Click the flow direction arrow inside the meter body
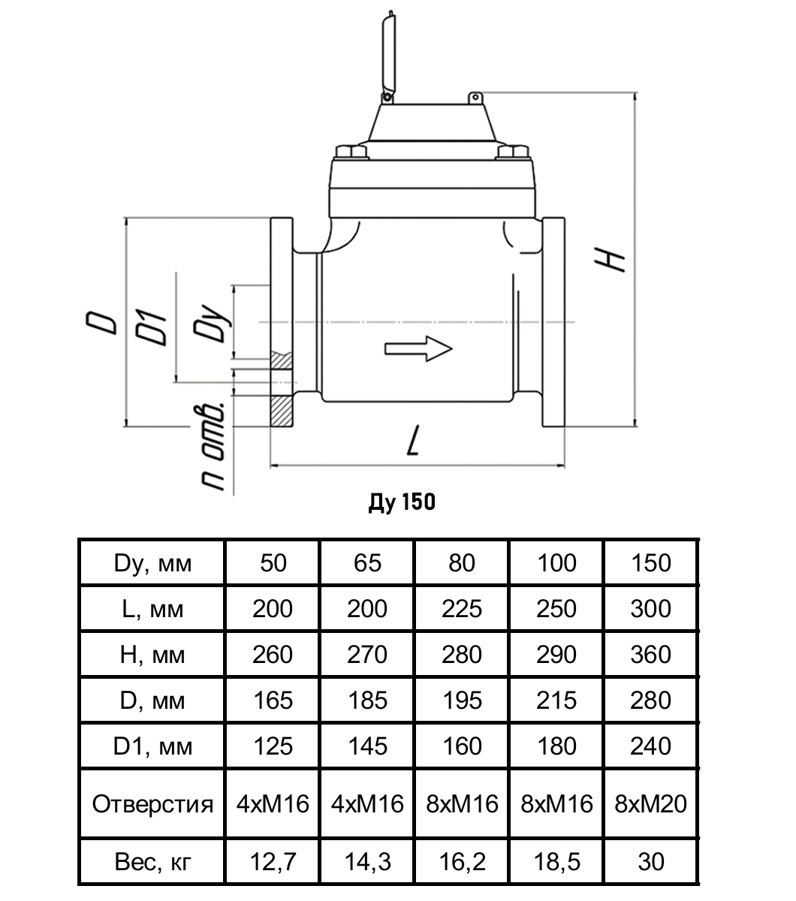point(418,348)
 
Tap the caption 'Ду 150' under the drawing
point(402,502)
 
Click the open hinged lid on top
point(388,56)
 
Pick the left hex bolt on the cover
point(351,152)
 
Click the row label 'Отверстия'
point(152,804)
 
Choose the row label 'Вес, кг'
point(152,861)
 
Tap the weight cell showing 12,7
point(273,861)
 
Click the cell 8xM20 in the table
point(650,804)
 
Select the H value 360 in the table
point(650,654)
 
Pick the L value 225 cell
point(461,608)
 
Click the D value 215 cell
point(556,701)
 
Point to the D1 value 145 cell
point(366,746)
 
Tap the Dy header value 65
point(366,562)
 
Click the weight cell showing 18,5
point(556,861)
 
